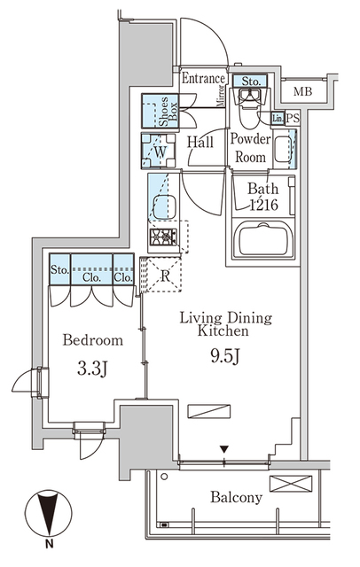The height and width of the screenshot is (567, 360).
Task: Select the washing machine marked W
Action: click(x=158, y=151)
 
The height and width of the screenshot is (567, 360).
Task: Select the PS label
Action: click(x=293, y=118)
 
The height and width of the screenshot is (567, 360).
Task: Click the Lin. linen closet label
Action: click(x=278, y=118)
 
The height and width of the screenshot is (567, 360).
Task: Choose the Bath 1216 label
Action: click(x=262, y=196)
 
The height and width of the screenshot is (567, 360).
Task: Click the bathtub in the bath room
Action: click(x=263, y=238)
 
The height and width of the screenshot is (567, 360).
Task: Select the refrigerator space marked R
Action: click(x=164, y=275)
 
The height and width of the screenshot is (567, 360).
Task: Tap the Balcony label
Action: click(x=236, y=497)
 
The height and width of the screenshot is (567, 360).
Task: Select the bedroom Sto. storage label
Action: click(x=59, y=271)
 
